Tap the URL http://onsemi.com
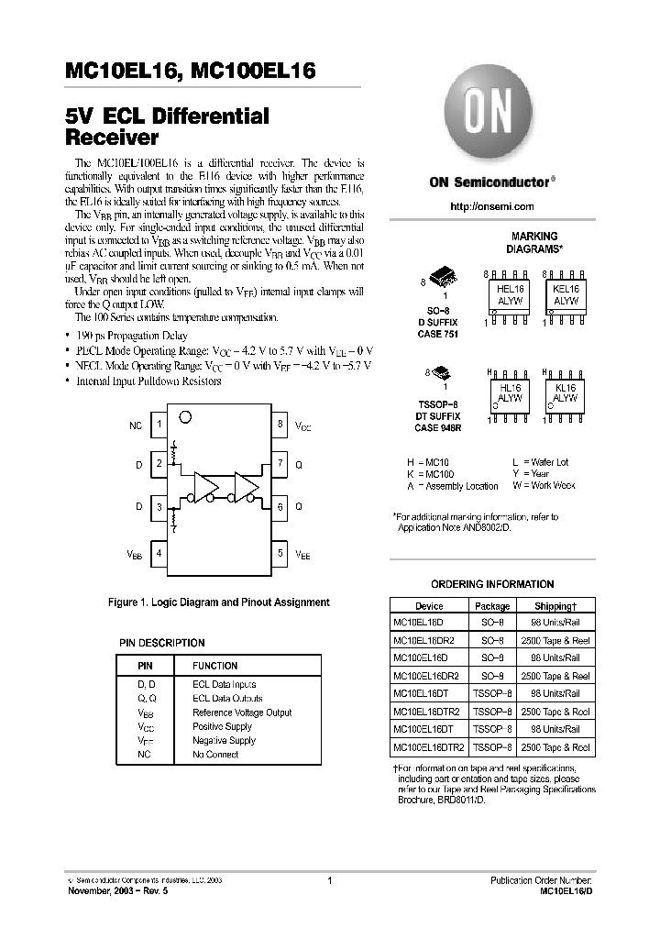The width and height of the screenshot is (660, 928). point(492,207)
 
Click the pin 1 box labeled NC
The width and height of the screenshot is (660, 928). point(159,425)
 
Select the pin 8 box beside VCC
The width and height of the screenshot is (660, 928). point(280,425)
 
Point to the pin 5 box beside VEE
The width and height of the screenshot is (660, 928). point(280,554)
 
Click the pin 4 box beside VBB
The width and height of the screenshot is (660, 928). point(159,554)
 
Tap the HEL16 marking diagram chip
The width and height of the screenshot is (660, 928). point(509,294)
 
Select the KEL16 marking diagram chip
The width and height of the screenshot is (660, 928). point(566,294)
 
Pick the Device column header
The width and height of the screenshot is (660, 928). point(429,606)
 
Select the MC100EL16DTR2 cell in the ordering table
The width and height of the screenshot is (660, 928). point(429,748)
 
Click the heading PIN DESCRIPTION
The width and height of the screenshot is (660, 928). point(162,643)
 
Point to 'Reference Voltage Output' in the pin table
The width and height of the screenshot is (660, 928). point(242,713)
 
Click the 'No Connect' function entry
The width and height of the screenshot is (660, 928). point(215,755)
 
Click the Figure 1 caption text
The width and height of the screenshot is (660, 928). point(219,602)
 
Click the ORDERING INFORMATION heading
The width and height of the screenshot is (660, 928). point(492,584)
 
